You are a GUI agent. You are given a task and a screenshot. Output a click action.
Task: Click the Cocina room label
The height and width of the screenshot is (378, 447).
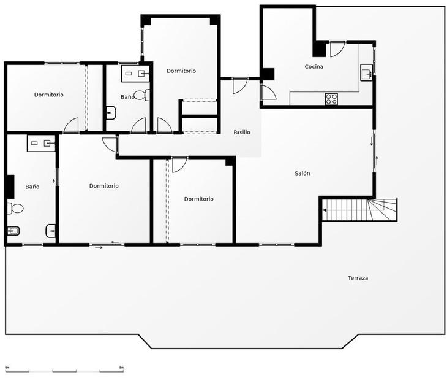(314, 67)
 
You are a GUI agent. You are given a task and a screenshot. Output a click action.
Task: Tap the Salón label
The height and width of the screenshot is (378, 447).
(302, 174)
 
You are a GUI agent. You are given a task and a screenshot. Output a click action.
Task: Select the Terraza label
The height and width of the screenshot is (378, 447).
(358, 279)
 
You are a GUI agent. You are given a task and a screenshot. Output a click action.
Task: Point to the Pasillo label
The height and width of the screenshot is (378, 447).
(242, 133)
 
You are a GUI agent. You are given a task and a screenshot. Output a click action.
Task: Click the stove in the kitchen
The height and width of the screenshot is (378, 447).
(331, 99)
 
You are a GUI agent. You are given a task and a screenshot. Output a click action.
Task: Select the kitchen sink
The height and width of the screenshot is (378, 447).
(366, 74)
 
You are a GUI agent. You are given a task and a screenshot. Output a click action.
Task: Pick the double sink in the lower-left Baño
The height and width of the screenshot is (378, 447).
(41, 144)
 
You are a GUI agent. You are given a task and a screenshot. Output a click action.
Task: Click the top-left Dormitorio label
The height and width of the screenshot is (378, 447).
(49, 95)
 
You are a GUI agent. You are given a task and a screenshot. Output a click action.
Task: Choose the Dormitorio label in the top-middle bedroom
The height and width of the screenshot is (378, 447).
(181, 71)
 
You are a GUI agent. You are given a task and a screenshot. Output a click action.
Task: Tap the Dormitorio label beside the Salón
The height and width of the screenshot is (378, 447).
(199, 199)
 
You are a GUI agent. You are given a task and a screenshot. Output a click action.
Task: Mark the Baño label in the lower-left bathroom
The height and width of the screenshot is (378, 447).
(32, 187)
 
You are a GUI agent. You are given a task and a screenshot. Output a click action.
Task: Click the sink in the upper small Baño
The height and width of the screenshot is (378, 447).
(135, 74)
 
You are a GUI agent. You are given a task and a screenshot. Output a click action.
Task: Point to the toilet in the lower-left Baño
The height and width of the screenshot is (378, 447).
(15, 209)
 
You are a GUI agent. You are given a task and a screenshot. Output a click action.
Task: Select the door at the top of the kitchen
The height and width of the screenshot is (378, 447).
(337, 48)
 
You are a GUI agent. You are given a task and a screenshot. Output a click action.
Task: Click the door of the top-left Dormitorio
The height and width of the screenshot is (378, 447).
(72, 125)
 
